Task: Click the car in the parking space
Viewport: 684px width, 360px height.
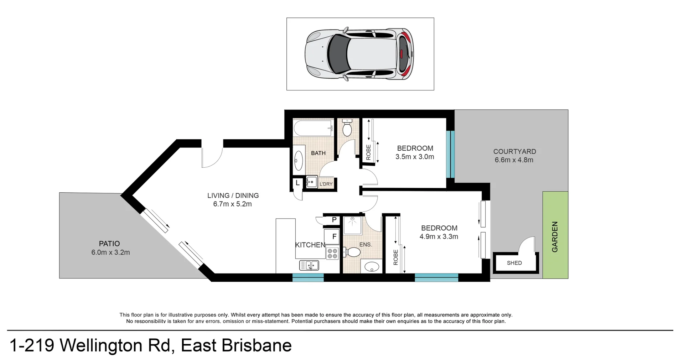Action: point(359,54)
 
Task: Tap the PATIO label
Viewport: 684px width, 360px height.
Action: point(109,244)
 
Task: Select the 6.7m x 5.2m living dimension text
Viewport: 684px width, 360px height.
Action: point(232,204)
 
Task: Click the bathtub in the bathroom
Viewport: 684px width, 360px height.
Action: point(312,128)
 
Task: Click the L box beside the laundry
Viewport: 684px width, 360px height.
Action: point(297,183)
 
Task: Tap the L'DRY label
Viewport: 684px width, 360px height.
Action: point(326,184)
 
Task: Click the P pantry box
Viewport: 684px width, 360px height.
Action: point(334,220)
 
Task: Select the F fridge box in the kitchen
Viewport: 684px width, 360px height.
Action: point(334,236)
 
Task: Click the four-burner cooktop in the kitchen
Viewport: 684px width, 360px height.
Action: point(332,254)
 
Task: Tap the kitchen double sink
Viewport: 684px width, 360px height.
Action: point(309,265)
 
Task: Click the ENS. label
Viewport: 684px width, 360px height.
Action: point(366,245)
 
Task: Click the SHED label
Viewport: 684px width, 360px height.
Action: point(514,263)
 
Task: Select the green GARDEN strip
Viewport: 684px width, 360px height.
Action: point(555,235)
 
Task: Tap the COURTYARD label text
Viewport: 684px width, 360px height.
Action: point(514,151)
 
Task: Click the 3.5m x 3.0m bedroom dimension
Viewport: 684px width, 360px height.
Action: point(415,157)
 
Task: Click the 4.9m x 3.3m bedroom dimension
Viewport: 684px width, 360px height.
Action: point(439,236)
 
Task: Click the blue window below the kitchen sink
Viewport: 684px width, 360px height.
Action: point(308,278)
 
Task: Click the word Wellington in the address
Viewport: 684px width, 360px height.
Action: point(115,345)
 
